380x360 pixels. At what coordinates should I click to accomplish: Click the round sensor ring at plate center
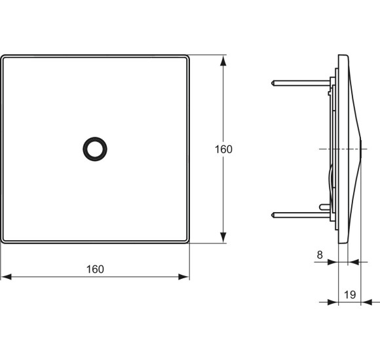click(95, 149)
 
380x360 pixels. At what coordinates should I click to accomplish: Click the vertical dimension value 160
click(223, 149)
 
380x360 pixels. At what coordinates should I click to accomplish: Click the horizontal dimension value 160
click(95, 269)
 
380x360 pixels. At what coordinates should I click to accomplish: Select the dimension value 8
click(319, 255)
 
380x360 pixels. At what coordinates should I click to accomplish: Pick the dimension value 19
click(350, 295)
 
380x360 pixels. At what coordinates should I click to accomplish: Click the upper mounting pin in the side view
click(298, 83)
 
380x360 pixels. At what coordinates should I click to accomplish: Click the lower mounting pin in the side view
click(298, 214)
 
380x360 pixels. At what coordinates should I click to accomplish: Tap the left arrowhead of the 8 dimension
click(332, 262)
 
